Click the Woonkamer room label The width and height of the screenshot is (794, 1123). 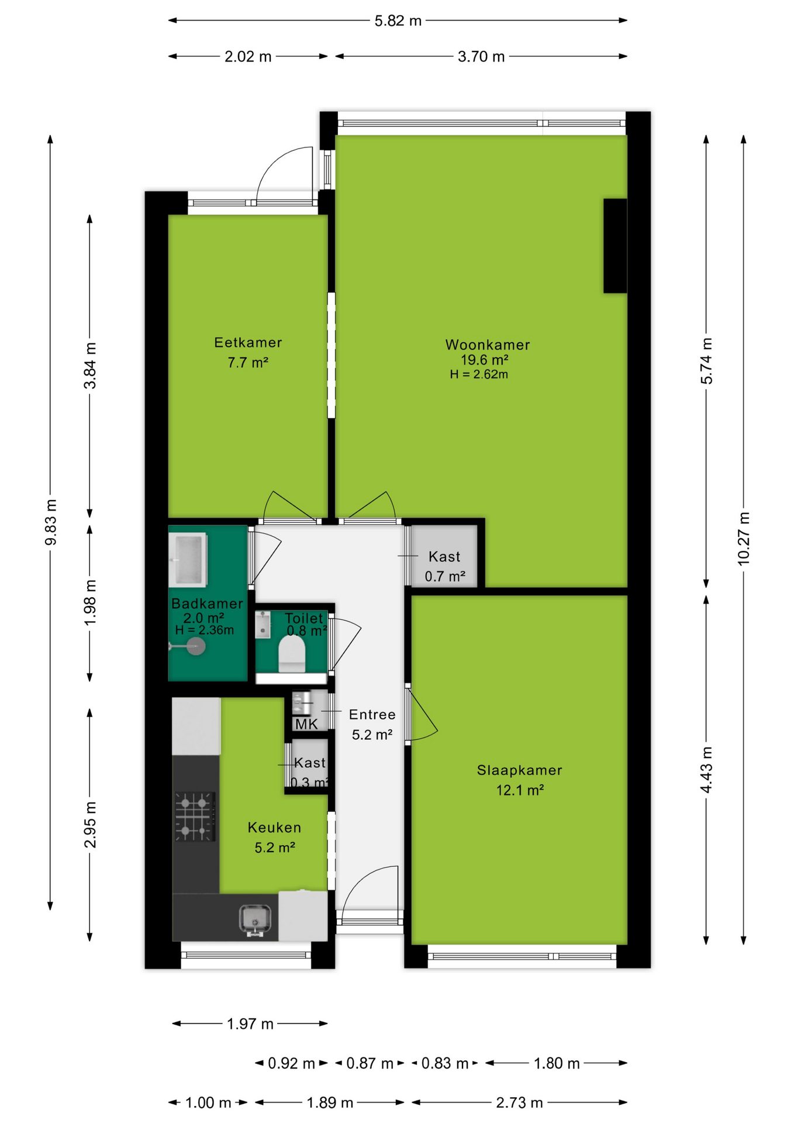(488, 345)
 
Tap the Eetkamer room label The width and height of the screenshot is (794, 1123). (248, 342)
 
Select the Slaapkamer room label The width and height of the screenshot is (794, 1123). (519, 770)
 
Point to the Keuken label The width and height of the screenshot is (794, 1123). (274, 828)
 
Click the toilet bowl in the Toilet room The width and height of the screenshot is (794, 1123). (292, 654)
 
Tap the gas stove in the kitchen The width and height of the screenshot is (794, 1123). (195, 817)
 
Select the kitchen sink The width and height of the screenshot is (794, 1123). (256, 919)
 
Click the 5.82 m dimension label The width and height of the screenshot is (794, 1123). (398, 21)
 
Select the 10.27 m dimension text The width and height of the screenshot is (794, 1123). (743, 539)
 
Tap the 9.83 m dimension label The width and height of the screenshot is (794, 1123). (51, 522)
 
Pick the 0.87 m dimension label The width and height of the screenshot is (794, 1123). (370, 1063)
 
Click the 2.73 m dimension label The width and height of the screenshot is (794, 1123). (519, 1103)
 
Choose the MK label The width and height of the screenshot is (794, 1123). (306, 724)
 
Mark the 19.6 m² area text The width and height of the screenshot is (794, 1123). (485, 360)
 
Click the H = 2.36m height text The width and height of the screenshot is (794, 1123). (205, 630)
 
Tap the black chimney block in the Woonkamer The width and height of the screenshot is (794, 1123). (615, 246)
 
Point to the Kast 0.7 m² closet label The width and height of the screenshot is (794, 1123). (445, 566)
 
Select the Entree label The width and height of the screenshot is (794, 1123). (372, 715)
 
